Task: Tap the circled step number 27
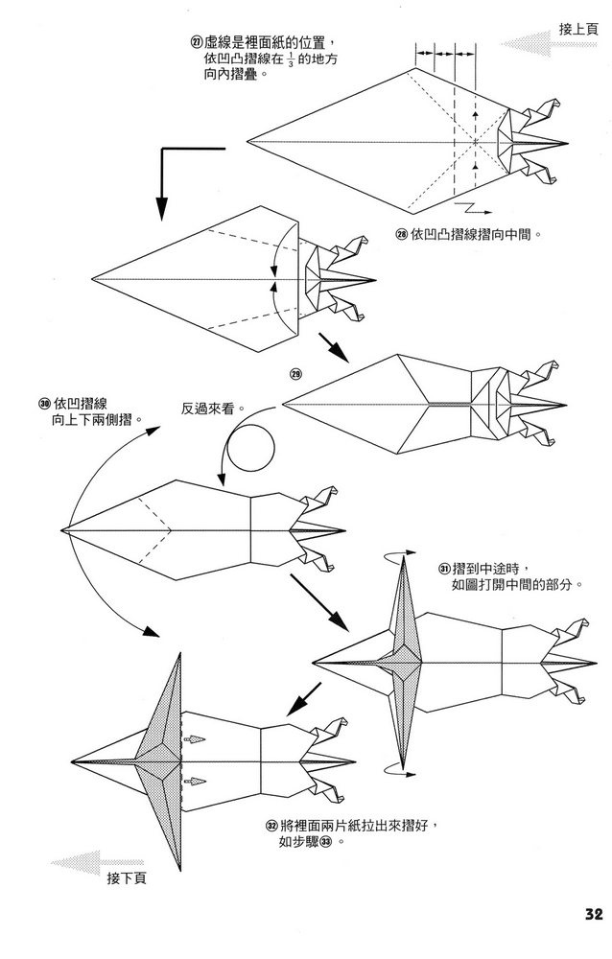point(197,42)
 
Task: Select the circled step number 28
point(402,233)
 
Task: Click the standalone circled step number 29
point(295,372)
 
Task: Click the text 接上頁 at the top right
point(578,30)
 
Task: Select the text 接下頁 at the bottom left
point(127,877)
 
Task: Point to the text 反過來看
point(212,409)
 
